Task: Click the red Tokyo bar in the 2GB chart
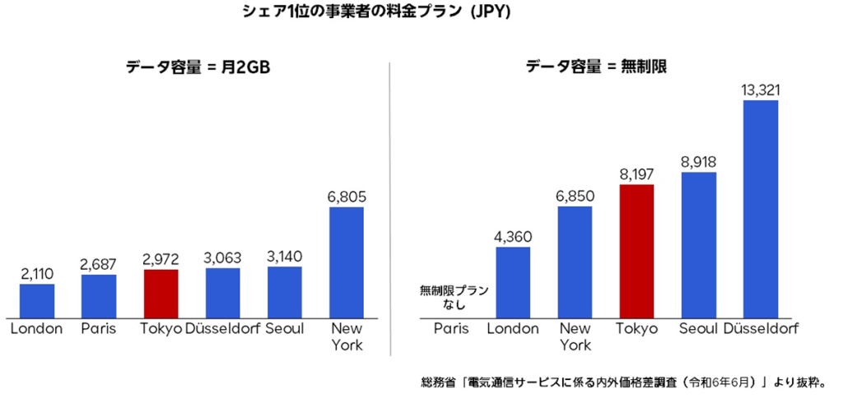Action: coord(161,294)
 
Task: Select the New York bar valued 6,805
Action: coord(347,262)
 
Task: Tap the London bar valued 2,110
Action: coord(37,301)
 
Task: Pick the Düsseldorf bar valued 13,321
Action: coord(761,209)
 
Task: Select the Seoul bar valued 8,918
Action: coord(699,245)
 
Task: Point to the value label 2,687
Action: coord(99,264)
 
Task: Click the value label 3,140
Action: coord(285,256)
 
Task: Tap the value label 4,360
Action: coord(513,236)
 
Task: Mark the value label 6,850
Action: coord(575,196)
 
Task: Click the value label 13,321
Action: coord(761,89)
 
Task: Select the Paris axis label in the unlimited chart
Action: coord(451,329)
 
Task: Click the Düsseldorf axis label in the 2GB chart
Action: coord(223,329)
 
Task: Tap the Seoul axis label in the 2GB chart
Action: coord(285,329)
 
